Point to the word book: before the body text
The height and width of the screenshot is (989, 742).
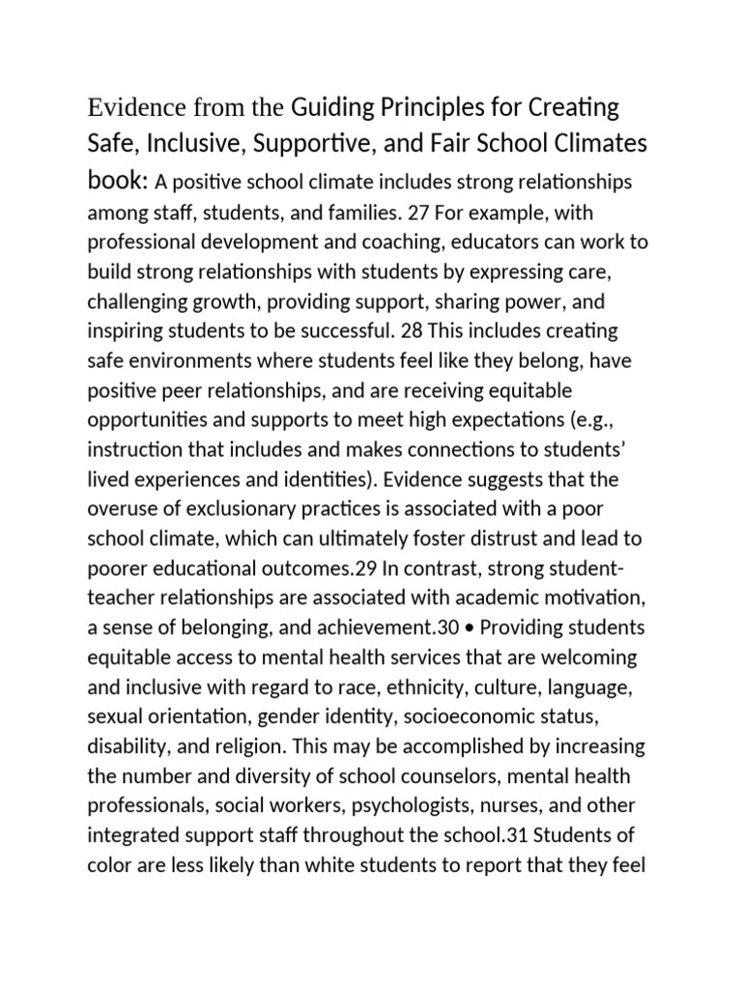coord(118,181)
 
